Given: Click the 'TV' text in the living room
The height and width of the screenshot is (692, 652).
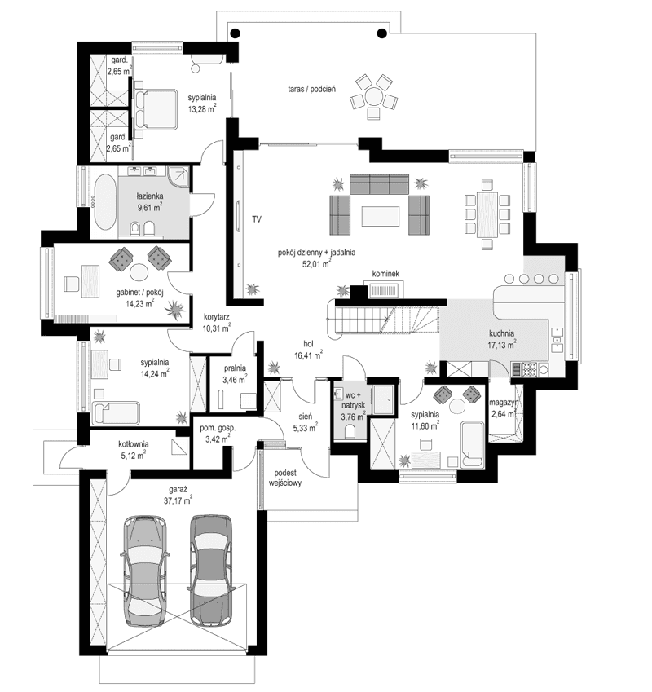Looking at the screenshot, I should pyautogui.click(x=256, y=219).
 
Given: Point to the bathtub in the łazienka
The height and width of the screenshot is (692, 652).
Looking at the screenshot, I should pyautogui.click(x=104, y=201).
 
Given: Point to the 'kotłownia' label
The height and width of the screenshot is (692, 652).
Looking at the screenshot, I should pyautogui.click(x=133, y=443).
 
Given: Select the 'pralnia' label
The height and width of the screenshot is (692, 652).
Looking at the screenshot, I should pyautogui.click(x=224, y=368).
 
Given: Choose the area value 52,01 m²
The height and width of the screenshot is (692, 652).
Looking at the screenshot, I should pyautogui.click(x=314, y=263).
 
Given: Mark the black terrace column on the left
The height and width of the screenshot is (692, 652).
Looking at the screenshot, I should pyautogui.click(x=235, y=33).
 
